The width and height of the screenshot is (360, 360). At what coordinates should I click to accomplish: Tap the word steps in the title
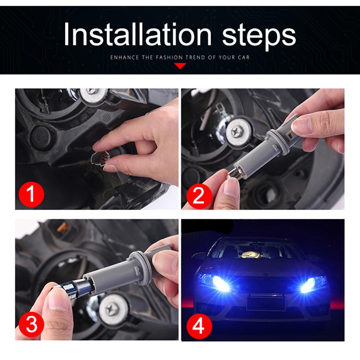click(x=255, y=35)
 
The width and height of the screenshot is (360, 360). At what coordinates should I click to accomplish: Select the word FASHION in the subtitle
click(x=178, y=58)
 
